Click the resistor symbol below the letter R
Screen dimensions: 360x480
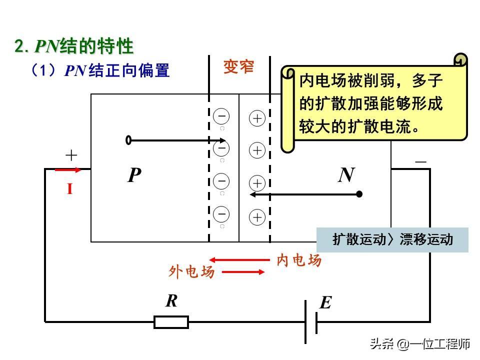pyautogui.click(x=171, y=322)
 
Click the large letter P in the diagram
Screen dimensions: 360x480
pyautogui.click(x=134, y=175)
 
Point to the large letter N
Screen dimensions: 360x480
pyautogui.click(x=346, y=175)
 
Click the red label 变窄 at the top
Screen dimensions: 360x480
pyautogui.click(x=238, y=67)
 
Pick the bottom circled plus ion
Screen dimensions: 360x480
pyautogui.click(x=257, y=217)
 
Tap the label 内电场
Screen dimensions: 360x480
pyautogui.click(x=299, y=260)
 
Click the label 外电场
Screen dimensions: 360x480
pyautogui.click(x=191, y=272)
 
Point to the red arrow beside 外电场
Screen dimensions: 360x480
pyautogui.click(x=243, y=272)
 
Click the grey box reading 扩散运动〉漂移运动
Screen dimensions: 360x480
pyautogui.click(x=392, y=239)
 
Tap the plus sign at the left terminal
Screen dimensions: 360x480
pyautogui.click(x=71, y=155)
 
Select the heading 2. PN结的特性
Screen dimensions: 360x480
pyautogui.click(x=74, y=46)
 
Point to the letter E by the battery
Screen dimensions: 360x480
pyautogui.click(x=325, y=302)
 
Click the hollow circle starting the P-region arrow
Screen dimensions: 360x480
pyautogui.click(x=129, y=140)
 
